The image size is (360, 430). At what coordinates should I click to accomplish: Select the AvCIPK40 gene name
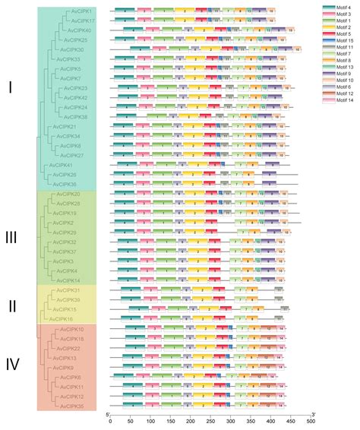tap(79, 30)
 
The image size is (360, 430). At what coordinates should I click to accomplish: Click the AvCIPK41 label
tap(61, 165)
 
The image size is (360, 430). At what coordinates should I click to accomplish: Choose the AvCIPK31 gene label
tap(68, 290)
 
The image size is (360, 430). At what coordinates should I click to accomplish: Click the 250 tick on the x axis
tap(210, 419)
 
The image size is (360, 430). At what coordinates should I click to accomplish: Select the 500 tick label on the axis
tap(311, 419)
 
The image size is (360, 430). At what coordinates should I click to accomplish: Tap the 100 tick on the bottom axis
tap(150, 419)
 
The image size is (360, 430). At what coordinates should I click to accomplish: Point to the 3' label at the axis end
tap(313, 413)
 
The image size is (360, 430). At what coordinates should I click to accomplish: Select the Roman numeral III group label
tap(11, 238)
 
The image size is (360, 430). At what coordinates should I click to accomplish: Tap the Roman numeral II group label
tap(11, 305)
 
